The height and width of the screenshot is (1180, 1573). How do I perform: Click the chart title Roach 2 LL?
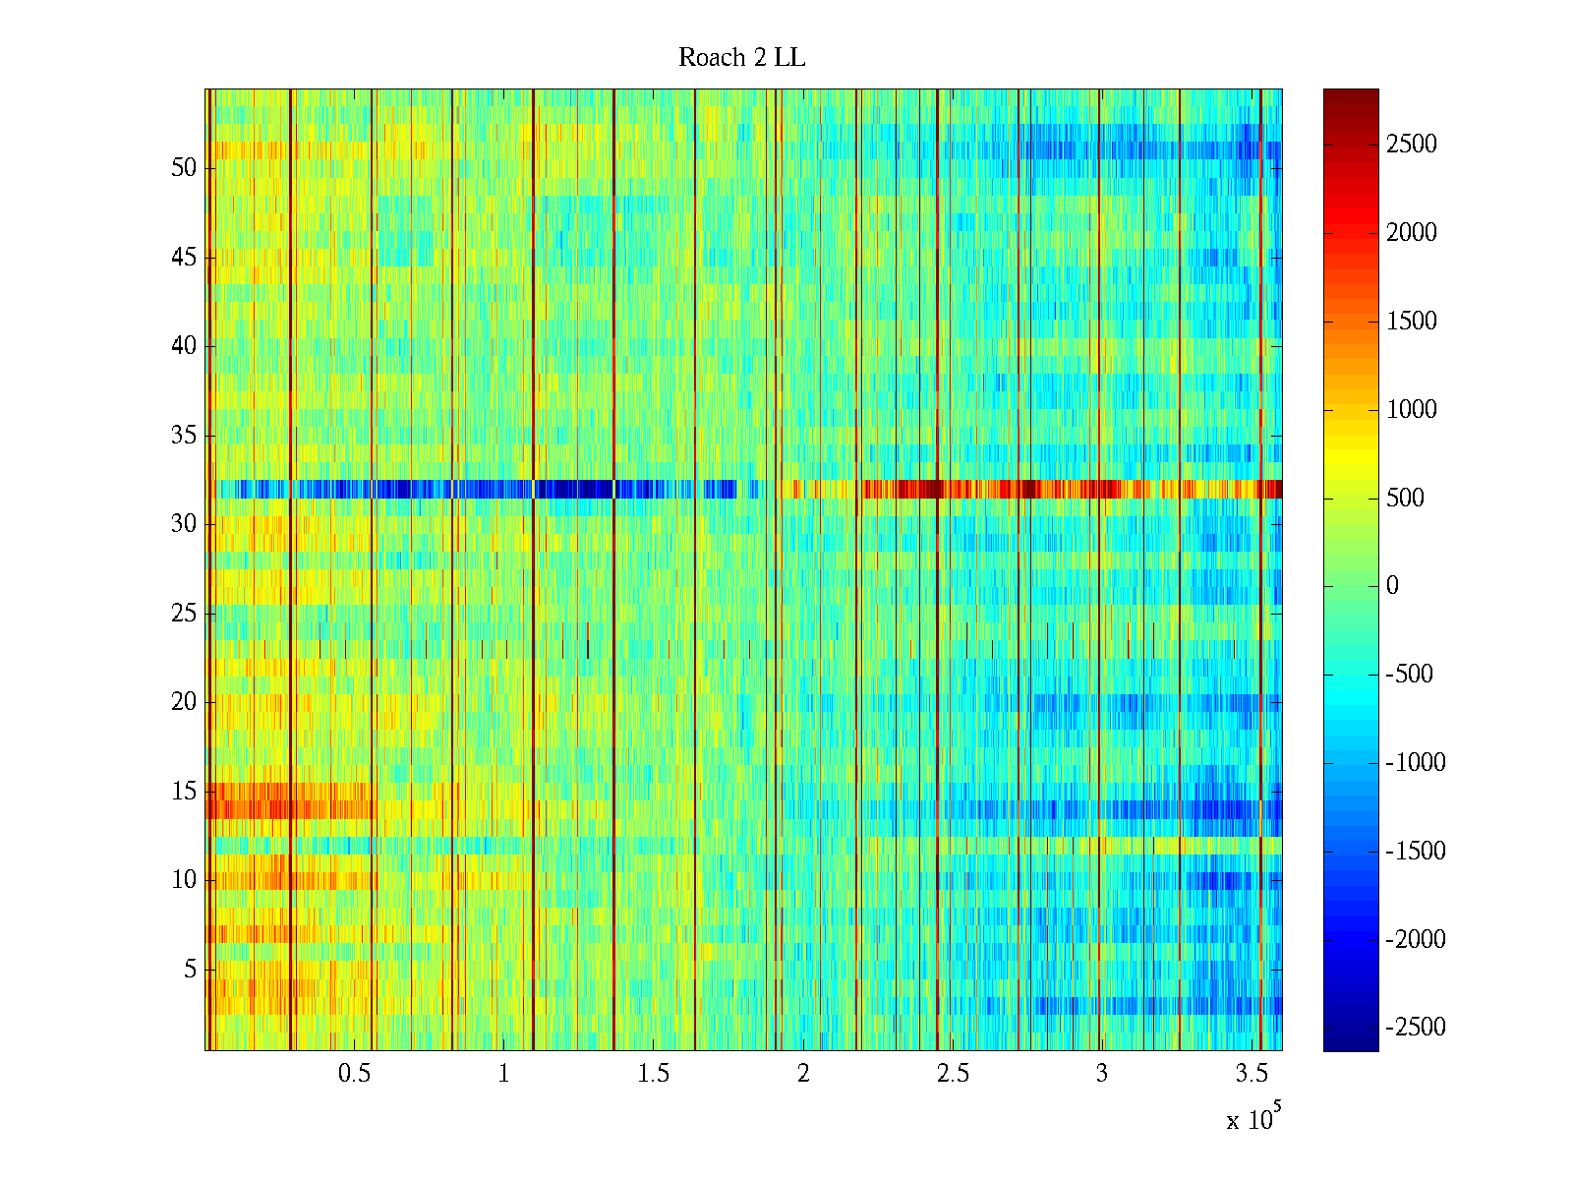pyautogui.click(x=741, y=58)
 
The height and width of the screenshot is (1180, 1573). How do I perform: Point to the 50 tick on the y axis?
pyautogui.click(x=184, y=168)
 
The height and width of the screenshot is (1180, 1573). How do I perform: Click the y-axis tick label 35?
pyautogui.click(x=184, y=436)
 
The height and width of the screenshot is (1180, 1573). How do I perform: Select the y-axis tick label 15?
pyautogui.click(x=184, y=792)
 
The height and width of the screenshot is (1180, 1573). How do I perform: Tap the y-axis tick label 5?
pyautogui.click(x=190, y=970)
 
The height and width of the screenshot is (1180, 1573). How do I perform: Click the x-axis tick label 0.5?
pyautogui.click(x=354, y=1074)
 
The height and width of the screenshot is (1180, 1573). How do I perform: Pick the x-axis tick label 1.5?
pyautogui.click(x=653, y=1074)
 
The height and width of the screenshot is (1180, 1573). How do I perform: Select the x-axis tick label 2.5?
pyautogui.click(x=952, y=1074)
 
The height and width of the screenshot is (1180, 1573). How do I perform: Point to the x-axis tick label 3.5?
pyautogui.click(x=1251, y=1074)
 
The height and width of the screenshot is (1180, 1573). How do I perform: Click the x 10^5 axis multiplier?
pyautogui.click(x=1253, y=1119)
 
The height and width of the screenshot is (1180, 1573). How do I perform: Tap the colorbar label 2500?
pyautogui.click(x=1412, y=145)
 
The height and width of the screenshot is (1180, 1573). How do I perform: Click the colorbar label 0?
pyautogui.click(x=1392, y=586)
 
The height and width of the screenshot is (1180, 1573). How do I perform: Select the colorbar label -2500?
pyautogui.click(x=1416, y=1028)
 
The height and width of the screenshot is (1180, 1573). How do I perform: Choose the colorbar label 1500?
pyautogui.click(x=1412, y=322)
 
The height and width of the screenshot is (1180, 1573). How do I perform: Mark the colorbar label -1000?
pyautogui.click(x=1416, y=763)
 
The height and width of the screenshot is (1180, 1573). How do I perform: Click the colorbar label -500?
pyautogui.click(x=1410, y=675)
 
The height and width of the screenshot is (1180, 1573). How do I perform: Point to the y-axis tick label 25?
pyautogui.click(x=184, y=614)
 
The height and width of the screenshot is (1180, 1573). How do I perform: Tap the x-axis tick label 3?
pyautogui.click(x=1101, y=1074)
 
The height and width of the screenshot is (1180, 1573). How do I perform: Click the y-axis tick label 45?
pyautogui.click(x=184, y=258)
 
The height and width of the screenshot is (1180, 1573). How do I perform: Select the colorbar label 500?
pyautogui.click(x=1406, y=498)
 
